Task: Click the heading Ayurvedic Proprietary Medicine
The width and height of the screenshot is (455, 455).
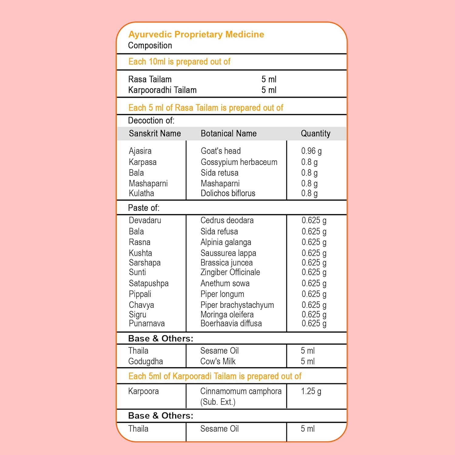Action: (196, 34)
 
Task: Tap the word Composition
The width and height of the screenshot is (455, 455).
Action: (150, 45)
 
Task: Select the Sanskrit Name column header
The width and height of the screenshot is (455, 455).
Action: (155, 133)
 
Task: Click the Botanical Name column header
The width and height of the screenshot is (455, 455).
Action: (228, 133)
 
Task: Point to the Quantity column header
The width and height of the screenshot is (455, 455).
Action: (315, 133)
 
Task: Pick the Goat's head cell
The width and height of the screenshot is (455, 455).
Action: (221, 151)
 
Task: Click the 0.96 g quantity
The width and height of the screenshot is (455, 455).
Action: (311, 151)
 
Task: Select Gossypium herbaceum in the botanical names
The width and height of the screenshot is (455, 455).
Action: (239, 162)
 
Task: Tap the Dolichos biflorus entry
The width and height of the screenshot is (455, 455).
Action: (228, 193)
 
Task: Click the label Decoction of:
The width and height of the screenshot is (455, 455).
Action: (151, 120)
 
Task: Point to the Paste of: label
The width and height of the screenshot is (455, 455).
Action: (143, 208)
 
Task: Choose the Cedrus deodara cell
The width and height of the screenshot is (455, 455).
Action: (227, 220)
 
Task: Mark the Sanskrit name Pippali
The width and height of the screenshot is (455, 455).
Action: (140, 294)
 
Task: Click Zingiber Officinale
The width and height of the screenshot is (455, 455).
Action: (230, 272)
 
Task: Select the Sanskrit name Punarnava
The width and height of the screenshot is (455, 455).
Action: (147, 323)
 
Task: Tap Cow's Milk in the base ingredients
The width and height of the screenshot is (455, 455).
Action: (218, 361)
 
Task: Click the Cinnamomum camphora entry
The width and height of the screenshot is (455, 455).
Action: (241, 391)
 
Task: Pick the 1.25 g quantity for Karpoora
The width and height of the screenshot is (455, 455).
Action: (311, 391)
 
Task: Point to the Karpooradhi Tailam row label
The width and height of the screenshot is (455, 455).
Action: (162, 90)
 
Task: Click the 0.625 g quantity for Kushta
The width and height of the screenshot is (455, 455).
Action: (314, 253)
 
